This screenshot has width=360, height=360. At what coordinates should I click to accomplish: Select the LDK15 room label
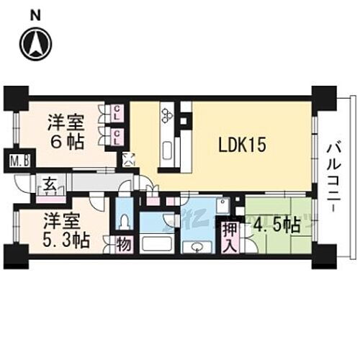[x=243, y=144]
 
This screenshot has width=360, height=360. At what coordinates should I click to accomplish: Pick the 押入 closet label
[x=228, y=238]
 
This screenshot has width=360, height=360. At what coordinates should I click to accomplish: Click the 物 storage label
[x=123, y=244]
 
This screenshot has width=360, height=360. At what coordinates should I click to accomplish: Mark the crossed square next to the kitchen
[x=130, y=160]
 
